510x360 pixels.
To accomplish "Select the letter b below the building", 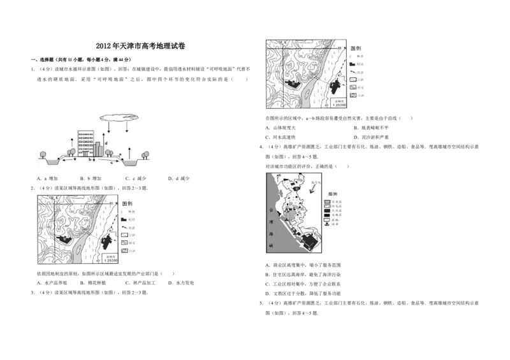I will tap(91, 160).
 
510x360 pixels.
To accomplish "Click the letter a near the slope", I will tap(120, 155).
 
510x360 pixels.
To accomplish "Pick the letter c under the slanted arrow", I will tap(112, 163).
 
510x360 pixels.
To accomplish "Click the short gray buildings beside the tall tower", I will tap(98, 149).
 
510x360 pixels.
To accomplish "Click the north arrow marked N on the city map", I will tap(279, 176).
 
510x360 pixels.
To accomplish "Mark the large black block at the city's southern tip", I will tap(310, 241).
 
